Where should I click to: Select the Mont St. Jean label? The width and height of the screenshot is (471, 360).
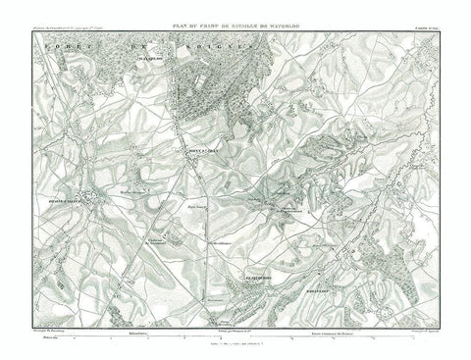point(203,150)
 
